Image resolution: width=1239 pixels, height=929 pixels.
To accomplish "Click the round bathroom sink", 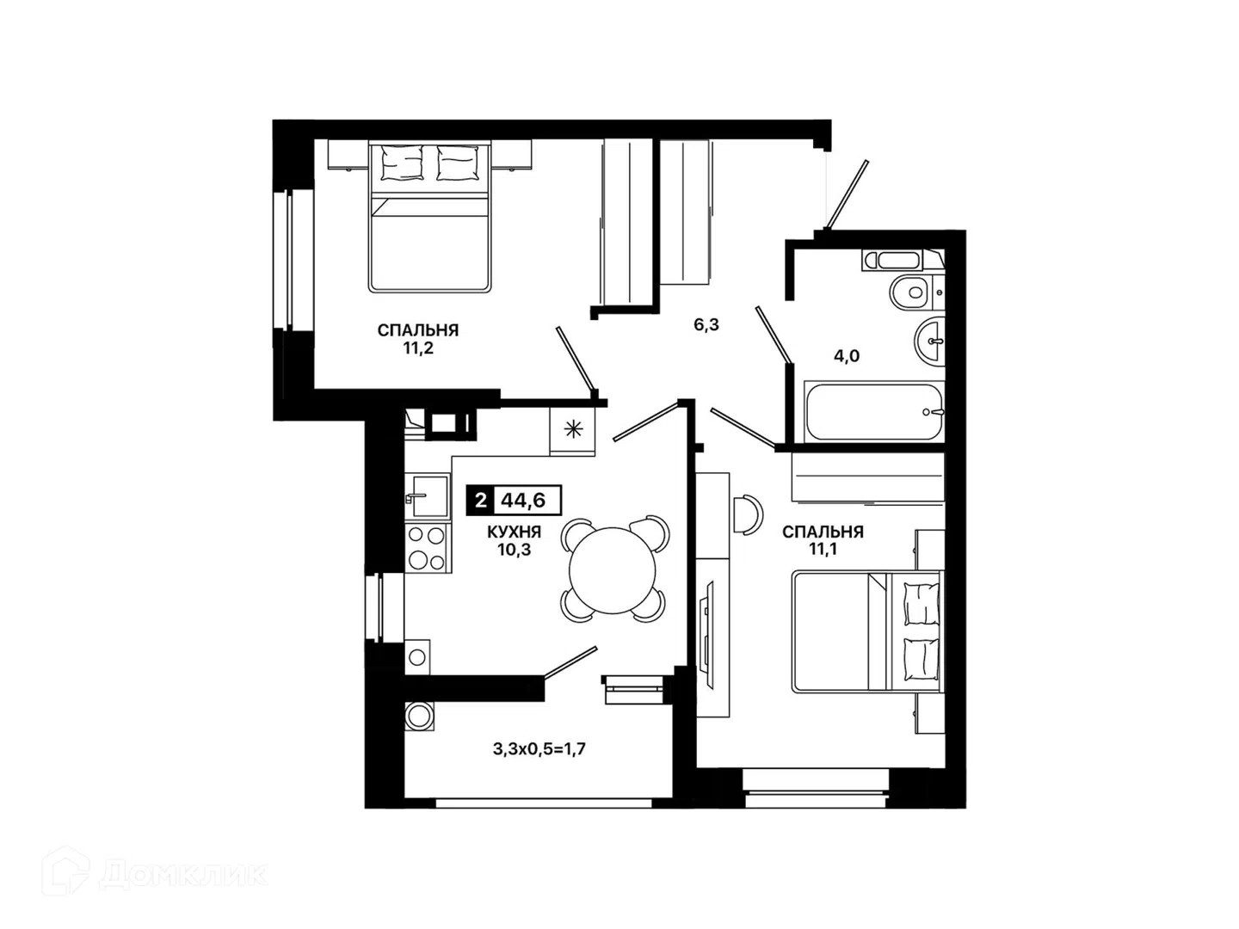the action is click(928, 341).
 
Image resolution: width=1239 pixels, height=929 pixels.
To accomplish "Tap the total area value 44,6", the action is click(527, 501).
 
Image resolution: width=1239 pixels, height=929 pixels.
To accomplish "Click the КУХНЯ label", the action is click(514, 532).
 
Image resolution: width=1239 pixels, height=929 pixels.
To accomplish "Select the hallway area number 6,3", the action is click(706, 325).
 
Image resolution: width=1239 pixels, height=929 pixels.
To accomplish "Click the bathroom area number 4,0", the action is click(847, 356).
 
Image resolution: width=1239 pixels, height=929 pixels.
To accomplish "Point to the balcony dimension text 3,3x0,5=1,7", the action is click(539, 749).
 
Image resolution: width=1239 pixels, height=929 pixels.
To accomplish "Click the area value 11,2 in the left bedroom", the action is click(417, 348).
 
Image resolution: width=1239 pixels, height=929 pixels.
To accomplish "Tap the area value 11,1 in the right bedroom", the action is click(823, 549).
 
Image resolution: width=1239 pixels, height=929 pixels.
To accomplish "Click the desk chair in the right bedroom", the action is click(749, 514).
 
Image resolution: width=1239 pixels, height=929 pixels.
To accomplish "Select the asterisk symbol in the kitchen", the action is click(573, 430).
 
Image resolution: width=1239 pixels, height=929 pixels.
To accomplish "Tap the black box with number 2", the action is click(480, 501).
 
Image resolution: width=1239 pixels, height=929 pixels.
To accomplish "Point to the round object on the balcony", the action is click(418, 717).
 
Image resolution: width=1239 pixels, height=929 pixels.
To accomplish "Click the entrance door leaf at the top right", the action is click(846, 194).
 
